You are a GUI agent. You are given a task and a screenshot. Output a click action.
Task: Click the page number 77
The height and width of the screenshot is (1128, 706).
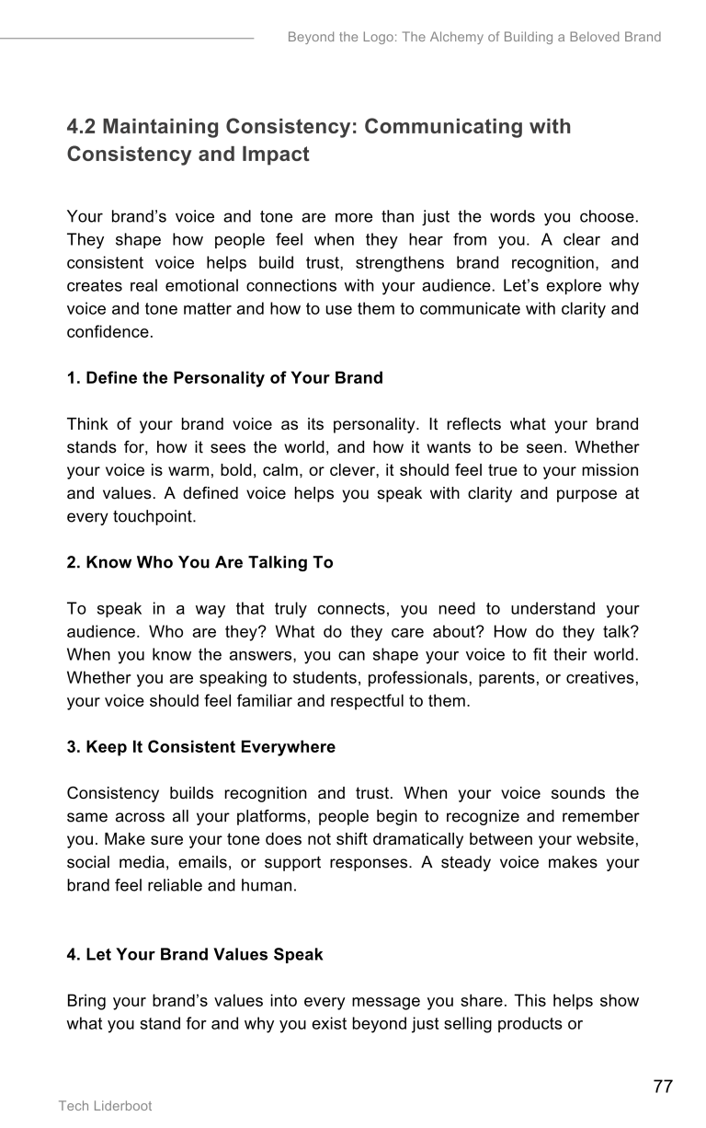(663, 1087)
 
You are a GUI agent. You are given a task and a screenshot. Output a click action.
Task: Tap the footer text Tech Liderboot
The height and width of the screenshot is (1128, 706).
(105, 1106)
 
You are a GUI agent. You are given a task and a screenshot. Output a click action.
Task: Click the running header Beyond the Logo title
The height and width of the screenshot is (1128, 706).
(473, 38)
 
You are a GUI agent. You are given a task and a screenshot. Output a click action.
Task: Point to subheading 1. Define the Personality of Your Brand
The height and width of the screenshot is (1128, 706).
(224, 378)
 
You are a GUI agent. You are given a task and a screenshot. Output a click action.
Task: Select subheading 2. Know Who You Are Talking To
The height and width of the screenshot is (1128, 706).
(199, 562)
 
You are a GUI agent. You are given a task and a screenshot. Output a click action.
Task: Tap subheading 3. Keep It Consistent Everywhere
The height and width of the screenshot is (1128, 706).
(200, 747)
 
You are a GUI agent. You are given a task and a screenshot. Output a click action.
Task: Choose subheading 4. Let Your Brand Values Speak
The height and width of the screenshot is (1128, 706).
(195, 954)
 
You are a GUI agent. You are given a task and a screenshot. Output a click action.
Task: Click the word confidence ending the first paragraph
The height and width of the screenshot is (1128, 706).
(109, 331)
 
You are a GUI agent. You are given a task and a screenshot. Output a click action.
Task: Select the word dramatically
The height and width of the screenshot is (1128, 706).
(375, 839)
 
